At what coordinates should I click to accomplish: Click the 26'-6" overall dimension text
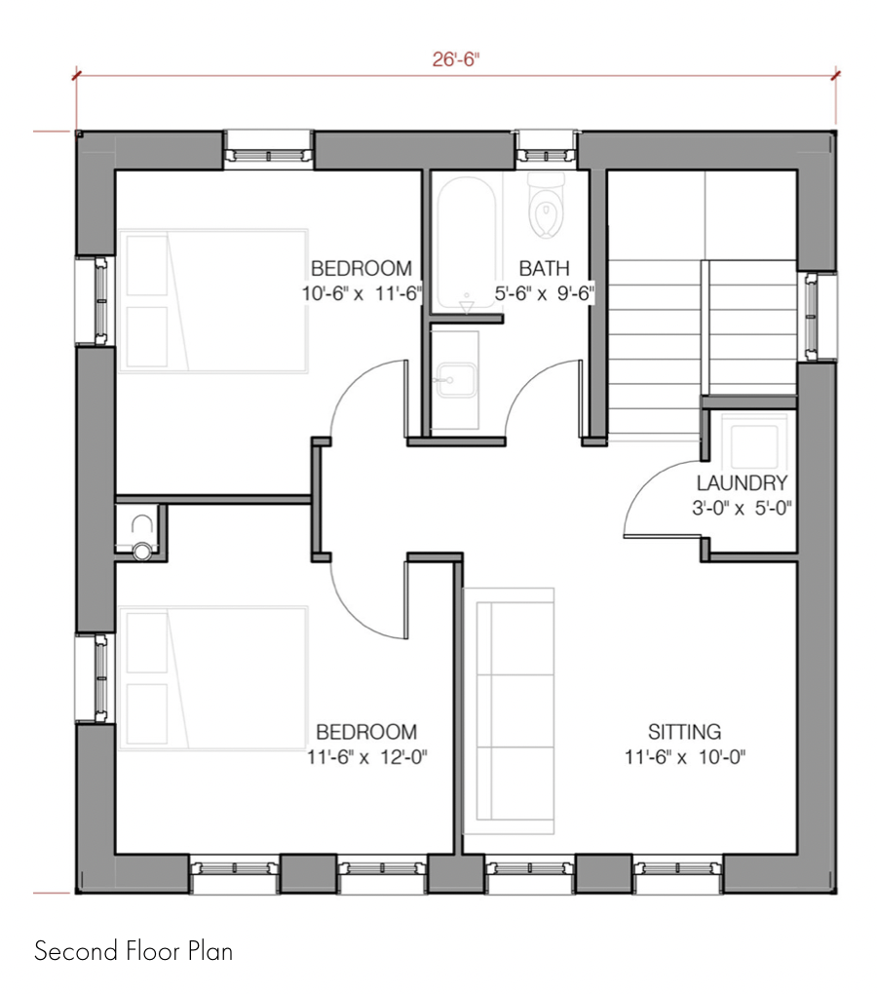[x=456, y=59]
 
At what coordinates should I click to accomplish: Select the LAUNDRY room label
[x=742, y=482]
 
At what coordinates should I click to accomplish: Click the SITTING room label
[x=685, y=731]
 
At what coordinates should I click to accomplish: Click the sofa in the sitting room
[x=508, y=711]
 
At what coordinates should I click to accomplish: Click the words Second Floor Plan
[x=133, y=951]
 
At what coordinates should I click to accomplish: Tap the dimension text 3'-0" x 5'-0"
[x=742, y=507]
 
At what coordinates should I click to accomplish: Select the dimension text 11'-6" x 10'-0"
[x=685, y=756]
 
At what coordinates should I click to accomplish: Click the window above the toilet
[x=546, y=153]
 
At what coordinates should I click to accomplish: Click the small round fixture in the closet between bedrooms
[x=142, y=551]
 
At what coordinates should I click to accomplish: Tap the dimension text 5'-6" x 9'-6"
[x=545, y=292]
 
